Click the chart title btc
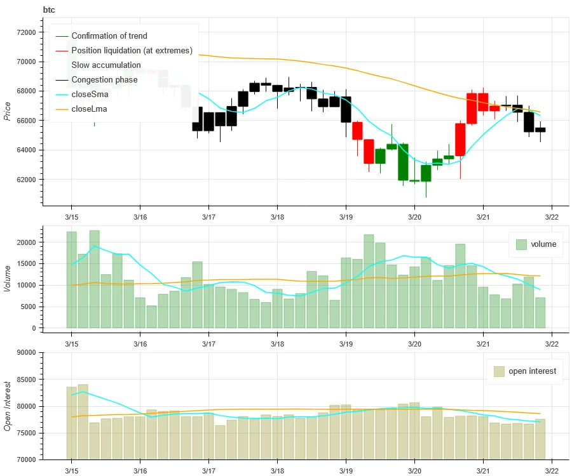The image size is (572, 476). (x=50, y=10)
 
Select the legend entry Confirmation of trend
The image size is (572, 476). (x=109, y=36)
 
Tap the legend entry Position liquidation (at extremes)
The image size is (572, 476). (x=132, y=51)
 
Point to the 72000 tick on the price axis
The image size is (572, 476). (x=26, y=32)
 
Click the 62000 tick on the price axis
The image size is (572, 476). (x=26, y=180)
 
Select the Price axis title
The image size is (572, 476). (x=8, y=110)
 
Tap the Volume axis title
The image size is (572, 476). (x=8, y=277)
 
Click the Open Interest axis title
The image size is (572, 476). (x=8, y=406)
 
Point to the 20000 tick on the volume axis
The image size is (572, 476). (x=26, y=242)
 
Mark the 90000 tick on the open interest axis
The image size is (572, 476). (x=26, y=353)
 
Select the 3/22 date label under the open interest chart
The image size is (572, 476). (x=551, y=470)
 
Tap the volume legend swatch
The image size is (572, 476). (x=522, y=244)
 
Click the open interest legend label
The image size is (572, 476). (x=532, y=371)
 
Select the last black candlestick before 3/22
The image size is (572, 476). (x=540, y=129)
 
